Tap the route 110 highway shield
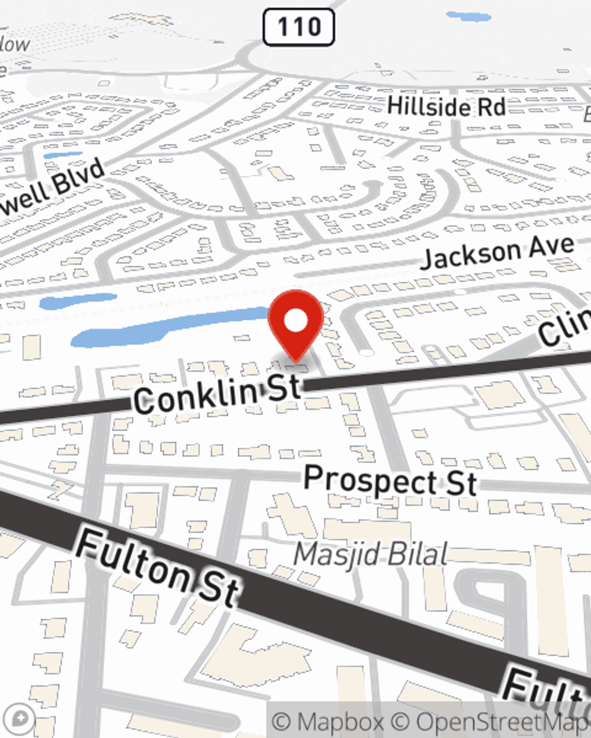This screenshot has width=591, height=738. tap(298, 27)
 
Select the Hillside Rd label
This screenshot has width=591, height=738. tap(446, 107)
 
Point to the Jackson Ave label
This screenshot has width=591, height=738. tap(497, 253)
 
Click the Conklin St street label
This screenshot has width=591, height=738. tap(217, 395)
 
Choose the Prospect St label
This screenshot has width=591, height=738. tap(390, 481)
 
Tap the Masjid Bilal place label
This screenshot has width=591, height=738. tap(371, 554)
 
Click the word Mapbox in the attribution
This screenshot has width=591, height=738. tap(340, 722)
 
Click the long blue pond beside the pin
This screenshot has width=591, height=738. tap(171, 326)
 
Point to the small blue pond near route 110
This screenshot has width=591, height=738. tap(468, 16)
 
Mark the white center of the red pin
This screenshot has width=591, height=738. tap(296, 321)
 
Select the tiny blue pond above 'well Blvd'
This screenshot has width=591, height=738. tap(63, 155)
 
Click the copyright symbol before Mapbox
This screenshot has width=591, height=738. tap(282, 722)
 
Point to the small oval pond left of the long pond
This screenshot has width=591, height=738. tap(78, 301)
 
